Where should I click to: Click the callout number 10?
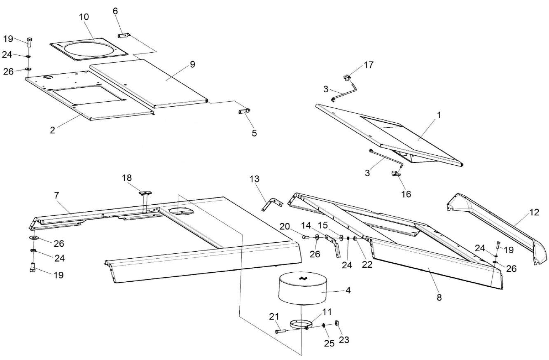click(84, 16)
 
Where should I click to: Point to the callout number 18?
click(127, 178)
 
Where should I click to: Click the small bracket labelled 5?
click(244, 112)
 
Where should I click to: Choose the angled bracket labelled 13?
click(270, 203)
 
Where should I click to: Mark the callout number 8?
click(439, 297)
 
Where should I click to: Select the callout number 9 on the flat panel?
click(192, 64)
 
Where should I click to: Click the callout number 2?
click(52, 130)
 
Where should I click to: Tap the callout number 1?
click(439, 116)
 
